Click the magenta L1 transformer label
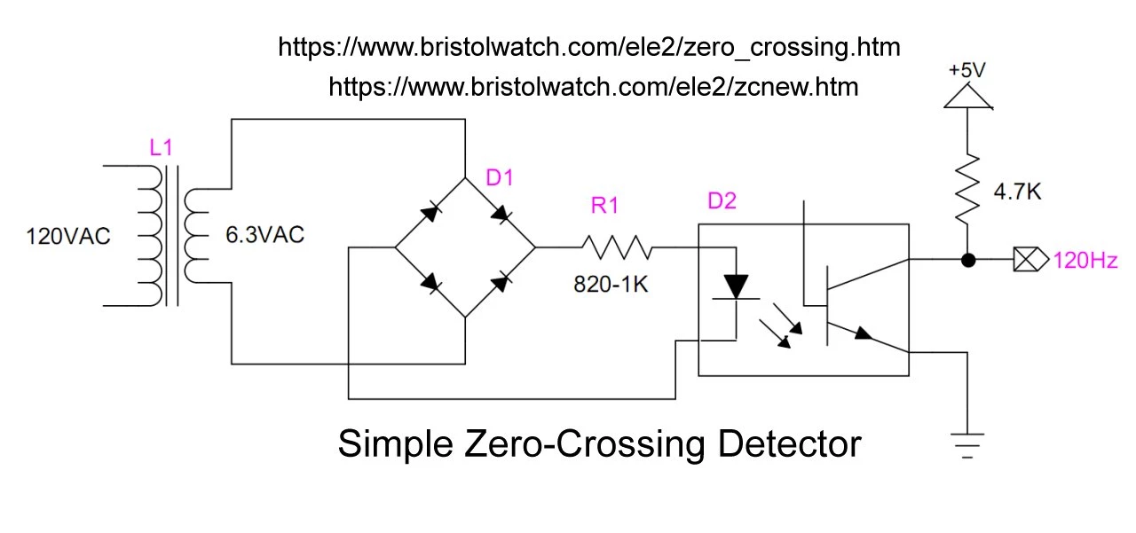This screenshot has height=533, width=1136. point(160,148)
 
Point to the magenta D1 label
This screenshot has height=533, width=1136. point(500,178)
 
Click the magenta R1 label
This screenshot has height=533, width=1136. point(604,207)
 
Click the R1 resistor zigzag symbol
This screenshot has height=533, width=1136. point(618,248)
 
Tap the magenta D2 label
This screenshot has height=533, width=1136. point(722,202)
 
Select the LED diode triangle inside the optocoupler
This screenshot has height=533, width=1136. point(737,286)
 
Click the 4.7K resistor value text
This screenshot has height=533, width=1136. point(1016,190)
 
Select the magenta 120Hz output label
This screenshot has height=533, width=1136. point(1085,261)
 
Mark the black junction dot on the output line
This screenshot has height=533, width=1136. point(968,261)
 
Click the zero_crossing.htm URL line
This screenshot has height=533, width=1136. point(589,47)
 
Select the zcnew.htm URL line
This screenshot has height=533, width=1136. point(593,86)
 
